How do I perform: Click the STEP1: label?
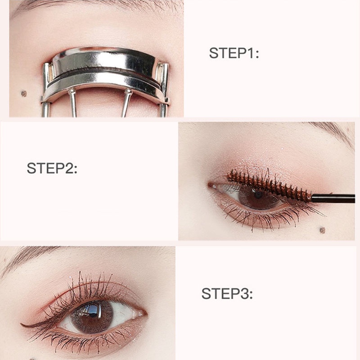(234, 53)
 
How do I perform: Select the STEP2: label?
(52, 168)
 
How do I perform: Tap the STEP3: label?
(227, 293)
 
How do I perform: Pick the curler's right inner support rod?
(126, 103)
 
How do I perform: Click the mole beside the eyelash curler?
(24, 94)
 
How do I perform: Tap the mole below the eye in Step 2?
(322, 230)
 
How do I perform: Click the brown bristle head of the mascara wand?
(269, 185)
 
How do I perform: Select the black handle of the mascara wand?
(333, 198)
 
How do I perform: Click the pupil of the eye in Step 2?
(258, 195)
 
